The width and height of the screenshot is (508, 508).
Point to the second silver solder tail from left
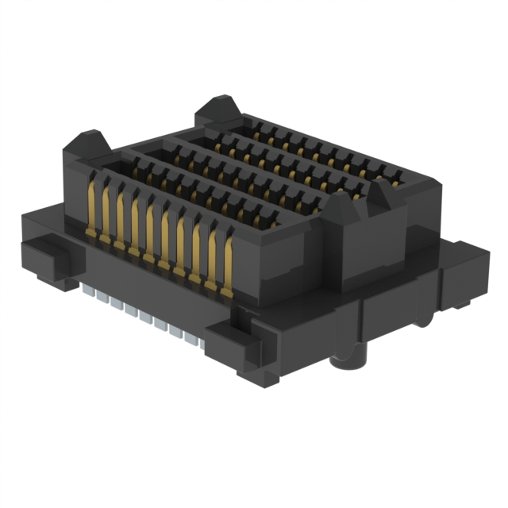[x=99, y=294]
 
